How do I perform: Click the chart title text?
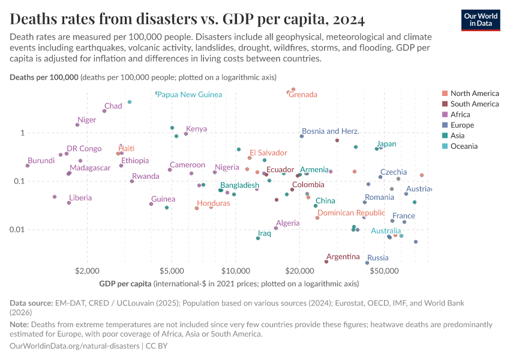tap(187, 20)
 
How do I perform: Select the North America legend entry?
tap(474, 93)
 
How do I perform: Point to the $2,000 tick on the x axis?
tap(88, 269)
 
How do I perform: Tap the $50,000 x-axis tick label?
tap(384, 269)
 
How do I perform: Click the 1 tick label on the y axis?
tap(22, 133)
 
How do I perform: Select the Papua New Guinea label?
tap(189, 94)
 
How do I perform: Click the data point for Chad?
tap(104, 111)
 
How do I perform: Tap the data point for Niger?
tap(77, 125)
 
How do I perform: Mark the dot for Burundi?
tap(28, 166)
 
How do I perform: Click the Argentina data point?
tap(326, 262)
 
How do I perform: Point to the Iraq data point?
tap(258, 238)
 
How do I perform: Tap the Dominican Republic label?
tap(351, 212)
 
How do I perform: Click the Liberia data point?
tap(69, 203)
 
